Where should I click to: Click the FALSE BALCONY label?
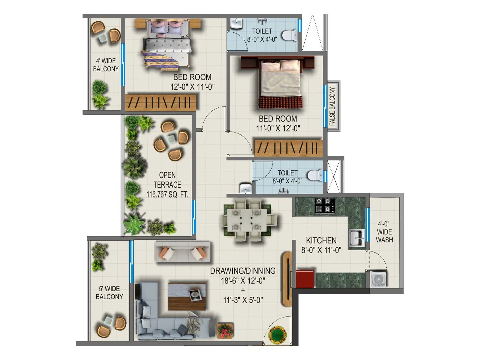332,106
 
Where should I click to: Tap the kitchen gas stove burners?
325,205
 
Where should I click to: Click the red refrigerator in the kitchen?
305,279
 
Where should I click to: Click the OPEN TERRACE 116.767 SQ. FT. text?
167,185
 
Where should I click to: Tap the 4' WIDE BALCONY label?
106,65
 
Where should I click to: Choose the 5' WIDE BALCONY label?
109,292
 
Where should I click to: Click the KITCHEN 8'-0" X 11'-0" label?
321,245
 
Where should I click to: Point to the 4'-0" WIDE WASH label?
384,232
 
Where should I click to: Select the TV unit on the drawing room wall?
287,279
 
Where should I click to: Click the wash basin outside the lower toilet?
245,188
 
